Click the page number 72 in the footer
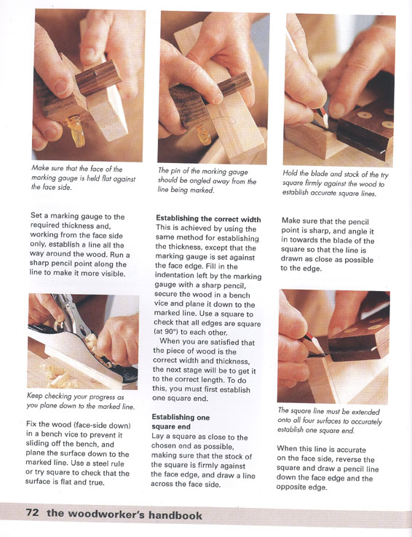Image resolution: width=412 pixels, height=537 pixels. pyautogui.click(x=32, y=513)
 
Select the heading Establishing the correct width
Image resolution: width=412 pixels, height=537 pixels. pyautogui.click(x=208, y=219)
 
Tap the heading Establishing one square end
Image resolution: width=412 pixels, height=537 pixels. pyautogui.click(x=181, y=422)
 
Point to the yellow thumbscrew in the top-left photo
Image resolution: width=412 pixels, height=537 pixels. pyautogui.click(x=76, y=130)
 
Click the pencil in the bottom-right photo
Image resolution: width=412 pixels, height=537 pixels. pyautogui.click(x=313, y=342)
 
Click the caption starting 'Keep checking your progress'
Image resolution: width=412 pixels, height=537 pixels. pyautogui.click(x=80, y=402)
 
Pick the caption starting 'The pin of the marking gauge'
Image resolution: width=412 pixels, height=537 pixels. pyautogui.click(x=207, y=180)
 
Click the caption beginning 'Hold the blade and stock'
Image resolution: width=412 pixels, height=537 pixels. pyautogui.click(x=336, y=183)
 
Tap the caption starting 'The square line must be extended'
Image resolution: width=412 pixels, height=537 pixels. pyautogui.click(x=330, y=421)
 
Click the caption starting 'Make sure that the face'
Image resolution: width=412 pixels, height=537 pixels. pyautogui.click(x=83, y=178)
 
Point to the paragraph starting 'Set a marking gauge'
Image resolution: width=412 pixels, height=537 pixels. pyautogui.click(x=79, y=245)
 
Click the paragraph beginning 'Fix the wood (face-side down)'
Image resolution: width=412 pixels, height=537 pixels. pyautogui.click(x=78, y=454)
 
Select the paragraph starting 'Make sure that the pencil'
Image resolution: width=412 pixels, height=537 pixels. pyautogui.click(x=328, y=244)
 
